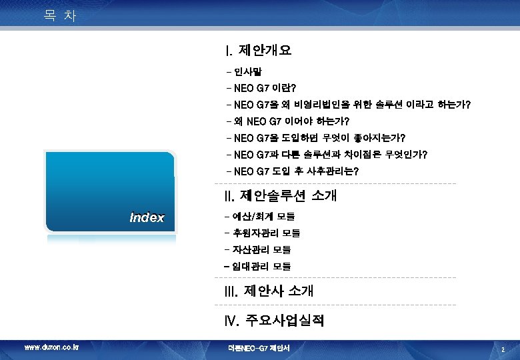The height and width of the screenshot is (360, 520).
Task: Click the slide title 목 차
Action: click(60, 15)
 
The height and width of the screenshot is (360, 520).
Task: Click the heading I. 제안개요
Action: click(259, 50)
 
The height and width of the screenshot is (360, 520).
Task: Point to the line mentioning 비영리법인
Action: click(349, 105)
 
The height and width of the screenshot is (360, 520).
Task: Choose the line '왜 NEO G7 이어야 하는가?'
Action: click(287, 121)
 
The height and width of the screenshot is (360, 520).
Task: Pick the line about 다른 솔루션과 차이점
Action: click(327, 155)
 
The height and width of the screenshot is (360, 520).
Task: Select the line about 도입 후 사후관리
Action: click(293, 172)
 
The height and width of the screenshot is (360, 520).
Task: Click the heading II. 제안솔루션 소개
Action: click(281, 196)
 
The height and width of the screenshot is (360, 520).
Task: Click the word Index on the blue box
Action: click(147, 217)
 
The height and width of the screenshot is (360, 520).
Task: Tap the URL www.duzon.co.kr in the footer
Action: click(51, 347)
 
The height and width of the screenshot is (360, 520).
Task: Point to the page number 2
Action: click(503, 348)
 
